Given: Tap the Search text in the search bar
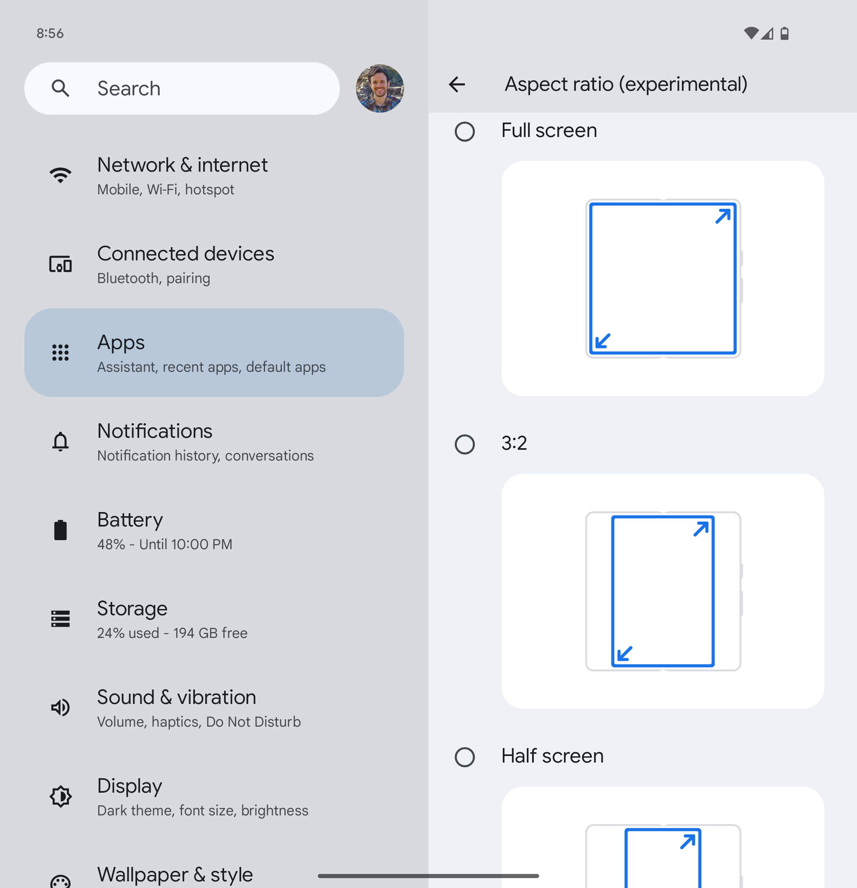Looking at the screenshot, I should pyautogui.click(x=129, y=88).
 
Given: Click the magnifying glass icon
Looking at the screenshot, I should pyautogui.click(x=60, y=88).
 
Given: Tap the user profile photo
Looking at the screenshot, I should pyautogui.click(x=379, y=88).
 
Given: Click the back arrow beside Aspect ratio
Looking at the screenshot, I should pyautogui.click(x=457, y=84).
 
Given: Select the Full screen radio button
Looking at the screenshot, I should pyautogui.click(x=464, y=131).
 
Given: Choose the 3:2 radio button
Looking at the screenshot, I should pyautogui.click(x=464, y=444).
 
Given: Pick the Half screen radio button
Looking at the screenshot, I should pyautogui.click(x=464, y=757).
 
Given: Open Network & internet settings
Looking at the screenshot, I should pyautogui.click(x=182, y=165).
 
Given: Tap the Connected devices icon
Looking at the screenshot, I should pyautogui.click(x=60, y=264).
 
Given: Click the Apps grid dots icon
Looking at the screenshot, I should pyautogui.click(x=60, y=352).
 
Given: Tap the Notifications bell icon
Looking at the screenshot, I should pyautogui.click(x=60, y=441).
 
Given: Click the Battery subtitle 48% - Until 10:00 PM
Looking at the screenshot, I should pyautogui.click(x=165, y=544).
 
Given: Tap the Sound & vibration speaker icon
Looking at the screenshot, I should pyautogui.click(x=60, y=707).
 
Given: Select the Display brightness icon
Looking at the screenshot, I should pyautogui.click(x=60, y=796).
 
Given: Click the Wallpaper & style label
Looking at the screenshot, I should pyautogui.click(x=175, y=874).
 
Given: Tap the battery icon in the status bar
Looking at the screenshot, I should pyautogui.click(x=784, y=33).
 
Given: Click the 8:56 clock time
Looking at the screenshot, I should pyautogui.click(x=50, y=33).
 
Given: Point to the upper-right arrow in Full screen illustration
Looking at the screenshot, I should pyautogui.click(x=723, y=216).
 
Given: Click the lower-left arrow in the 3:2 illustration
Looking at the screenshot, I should pyautogui.click(x=625, y=653).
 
